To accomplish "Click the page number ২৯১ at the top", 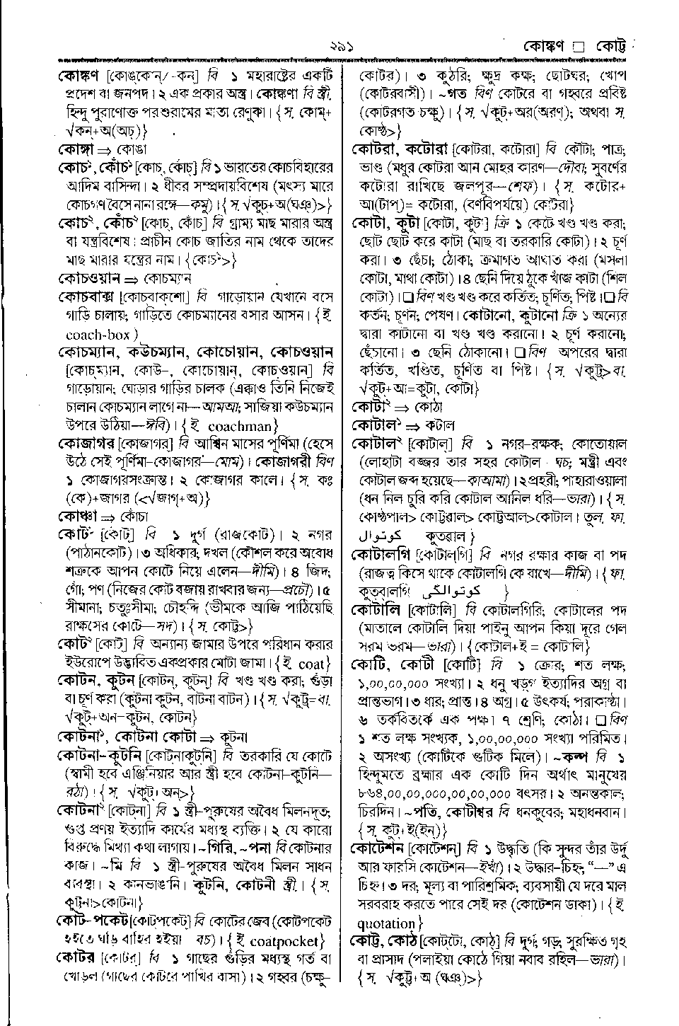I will (341, 48).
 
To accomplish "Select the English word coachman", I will (237, 426).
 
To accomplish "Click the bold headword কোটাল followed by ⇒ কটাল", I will (375, 425).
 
